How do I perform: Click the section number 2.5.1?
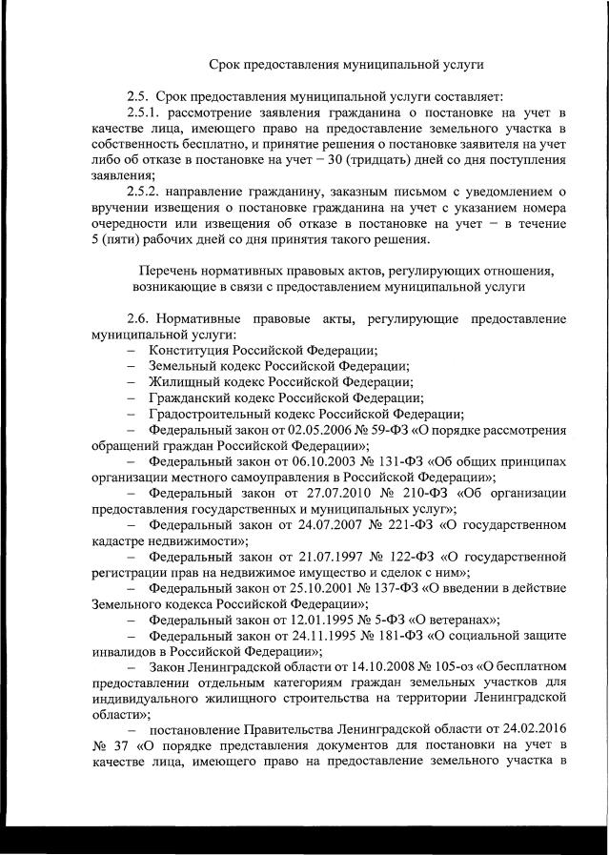tap(143, 112)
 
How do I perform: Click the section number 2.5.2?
tap(143, 193)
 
